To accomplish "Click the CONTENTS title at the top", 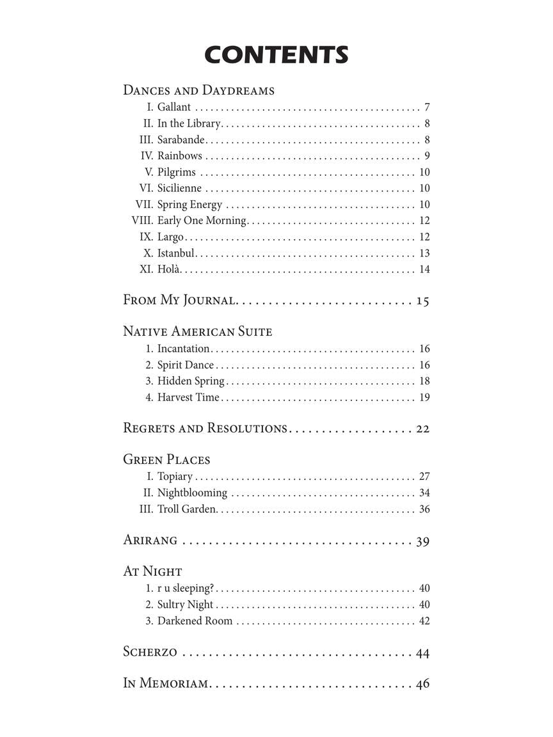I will (x=276, y=55).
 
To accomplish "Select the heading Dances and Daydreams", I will (x=198, y=90).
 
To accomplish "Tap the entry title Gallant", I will (x=174, y=107).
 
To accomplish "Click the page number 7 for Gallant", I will (x=426, y=107).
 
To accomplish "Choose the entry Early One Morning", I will (x=202, y=221).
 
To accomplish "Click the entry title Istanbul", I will (x=176, y=253).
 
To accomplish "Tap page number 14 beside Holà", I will (x=424, y=269).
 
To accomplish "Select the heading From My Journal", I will (x=180, y=300).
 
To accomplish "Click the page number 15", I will (x=422, y=301).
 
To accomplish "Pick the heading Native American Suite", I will (x=197, y=331).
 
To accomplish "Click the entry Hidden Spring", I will (x=191, y=381).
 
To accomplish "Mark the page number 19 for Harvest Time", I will (x=424, y=397).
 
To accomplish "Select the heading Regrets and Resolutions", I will (x=205, y=429).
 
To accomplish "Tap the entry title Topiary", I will (x=175, y=477).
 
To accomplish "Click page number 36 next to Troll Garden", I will (x=424, y=509).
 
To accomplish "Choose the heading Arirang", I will (x=150, y=541).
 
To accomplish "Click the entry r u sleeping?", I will (x=186, y=589).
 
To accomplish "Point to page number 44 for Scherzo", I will (x=422, y=653).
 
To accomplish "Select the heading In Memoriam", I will (x=165, y=684).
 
